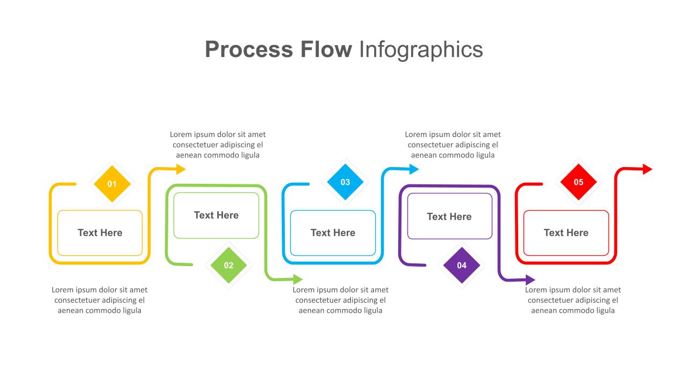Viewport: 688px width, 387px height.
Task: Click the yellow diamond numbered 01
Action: (x=112, y=184)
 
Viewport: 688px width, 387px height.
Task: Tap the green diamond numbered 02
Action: (x=229, y=265)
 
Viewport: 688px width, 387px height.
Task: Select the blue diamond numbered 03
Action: (x=345, y=182)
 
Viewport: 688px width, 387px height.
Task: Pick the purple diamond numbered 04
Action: (x=462, y=265)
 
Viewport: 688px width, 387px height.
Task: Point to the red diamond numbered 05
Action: (x=578, y=182)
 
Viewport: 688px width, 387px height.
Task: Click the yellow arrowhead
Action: (x=181, y=169)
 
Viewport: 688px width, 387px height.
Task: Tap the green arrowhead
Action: (x=297, y=279)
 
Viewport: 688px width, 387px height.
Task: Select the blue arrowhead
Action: (x=413, y=169)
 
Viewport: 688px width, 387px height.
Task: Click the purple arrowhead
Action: (x=530, y=279)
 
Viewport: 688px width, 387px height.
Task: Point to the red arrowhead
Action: (x=647, y=169)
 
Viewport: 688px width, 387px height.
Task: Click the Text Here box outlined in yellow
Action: (x=100, y=233)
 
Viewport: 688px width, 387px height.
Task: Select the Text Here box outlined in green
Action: (x=216, y=215)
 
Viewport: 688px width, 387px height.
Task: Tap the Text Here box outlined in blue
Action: (x=333, y=233)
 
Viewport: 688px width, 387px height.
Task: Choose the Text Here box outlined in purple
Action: (x=449, y=216)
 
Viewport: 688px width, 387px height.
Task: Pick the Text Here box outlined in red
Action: (x=566, y=233)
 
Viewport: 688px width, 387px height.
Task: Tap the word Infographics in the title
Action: (x=421, y=49)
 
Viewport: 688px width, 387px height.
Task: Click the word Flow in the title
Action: (x=325, y=49)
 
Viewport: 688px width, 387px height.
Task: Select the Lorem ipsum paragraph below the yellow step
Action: (x=99, y=300)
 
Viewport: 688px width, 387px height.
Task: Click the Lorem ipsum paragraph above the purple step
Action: (x=453, y=145)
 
